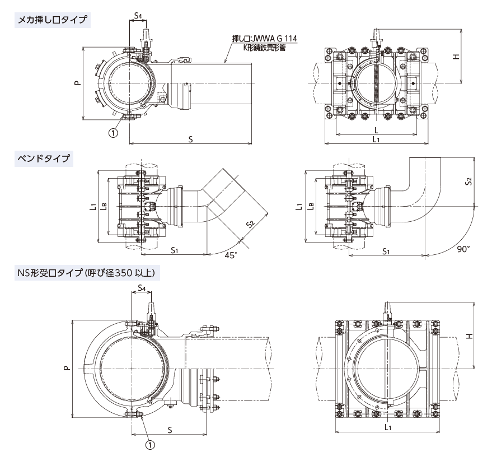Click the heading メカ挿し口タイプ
pos(53,21)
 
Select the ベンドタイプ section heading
pos(44,159)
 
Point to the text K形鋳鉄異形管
pos(264,48)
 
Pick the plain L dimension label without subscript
pos(376,129)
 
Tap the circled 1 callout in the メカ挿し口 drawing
pos(113,133)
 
